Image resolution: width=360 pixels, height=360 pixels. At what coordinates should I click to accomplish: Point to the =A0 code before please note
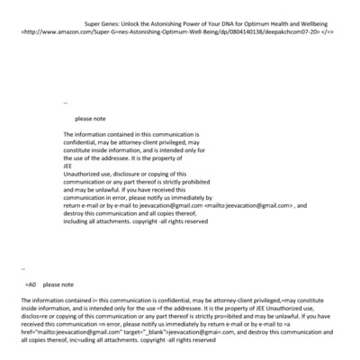[x=31, y=283]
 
